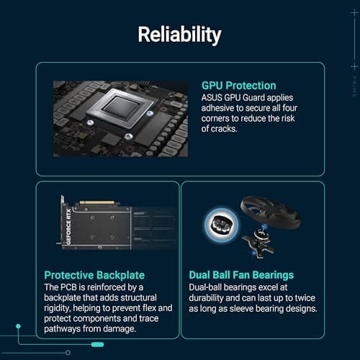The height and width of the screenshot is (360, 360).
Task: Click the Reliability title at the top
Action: (x=180, y=35)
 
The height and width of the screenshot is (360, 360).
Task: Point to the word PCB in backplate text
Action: (x=74, y=287)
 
